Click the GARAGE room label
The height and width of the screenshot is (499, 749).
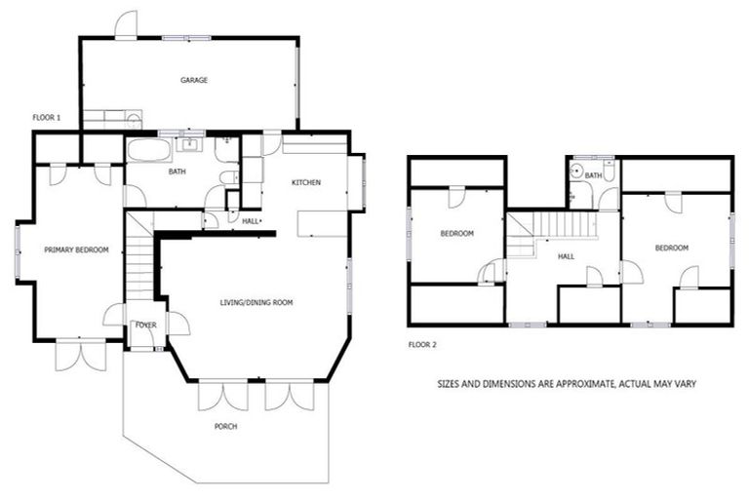click(x=193, y=80)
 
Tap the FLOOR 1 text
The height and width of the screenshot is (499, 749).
click(x=46, y=118)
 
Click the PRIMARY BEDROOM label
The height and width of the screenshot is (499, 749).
click(x=76, y=250)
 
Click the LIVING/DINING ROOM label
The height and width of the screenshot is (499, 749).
click(x=256, y=303)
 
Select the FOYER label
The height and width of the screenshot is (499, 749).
click(x=146, y=325)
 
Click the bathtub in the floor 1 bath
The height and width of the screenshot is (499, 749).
click(x=148, y=151)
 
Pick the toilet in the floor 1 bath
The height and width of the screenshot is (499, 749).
click(x=226, y=176)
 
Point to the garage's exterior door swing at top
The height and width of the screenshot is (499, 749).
click(x=126, y=25)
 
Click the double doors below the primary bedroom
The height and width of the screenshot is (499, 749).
click(x=80, y=355)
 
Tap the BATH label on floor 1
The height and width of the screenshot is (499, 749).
click(x=177, y=173)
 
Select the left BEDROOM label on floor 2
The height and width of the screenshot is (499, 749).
click(x=456, y=234)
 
